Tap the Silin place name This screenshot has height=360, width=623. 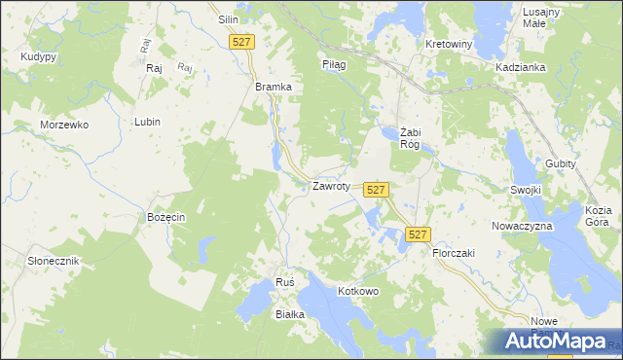click(x=229, y=19)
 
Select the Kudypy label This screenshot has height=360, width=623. click(x=38, y=57)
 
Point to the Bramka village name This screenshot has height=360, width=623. click(x=274, y=87)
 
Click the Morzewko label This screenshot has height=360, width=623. click(x=64, y=126)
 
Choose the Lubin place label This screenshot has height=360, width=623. click(x=148, y=122)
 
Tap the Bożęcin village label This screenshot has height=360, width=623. click(x=165, y=216)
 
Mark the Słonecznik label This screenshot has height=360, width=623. click(x=53, y=261)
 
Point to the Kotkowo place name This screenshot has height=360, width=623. click(x=357, y=291)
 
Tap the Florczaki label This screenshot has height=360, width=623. click(x=453, y=252)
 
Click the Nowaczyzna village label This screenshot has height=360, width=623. click(x=522, y=225)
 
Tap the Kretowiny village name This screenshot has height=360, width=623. click(x=449, y=45)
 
